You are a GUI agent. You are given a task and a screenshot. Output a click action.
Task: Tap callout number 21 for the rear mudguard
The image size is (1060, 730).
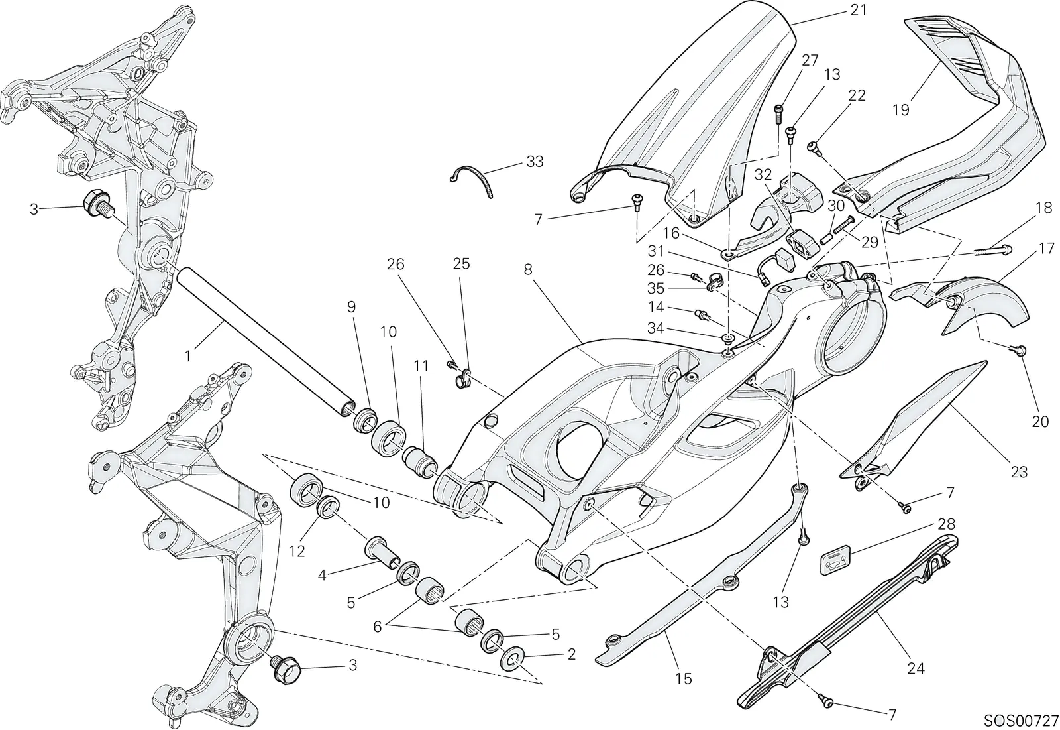coord(859,10)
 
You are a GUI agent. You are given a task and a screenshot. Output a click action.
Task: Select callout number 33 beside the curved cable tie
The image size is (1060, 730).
coord(535,162)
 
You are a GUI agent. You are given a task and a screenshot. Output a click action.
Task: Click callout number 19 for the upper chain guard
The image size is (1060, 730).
coord(901,110)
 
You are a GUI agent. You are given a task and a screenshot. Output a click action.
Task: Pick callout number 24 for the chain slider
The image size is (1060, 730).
coord(916,668)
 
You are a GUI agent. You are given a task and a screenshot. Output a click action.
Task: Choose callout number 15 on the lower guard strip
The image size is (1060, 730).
coord(684,679)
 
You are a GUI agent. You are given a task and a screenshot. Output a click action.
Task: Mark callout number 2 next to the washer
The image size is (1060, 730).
coord(571,654)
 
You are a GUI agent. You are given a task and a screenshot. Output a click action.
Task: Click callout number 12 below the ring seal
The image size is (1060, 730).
coord(297,551)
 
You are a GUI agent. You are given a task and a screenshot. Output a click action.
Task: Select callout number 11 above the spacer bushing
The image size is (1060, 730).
coord(421,366)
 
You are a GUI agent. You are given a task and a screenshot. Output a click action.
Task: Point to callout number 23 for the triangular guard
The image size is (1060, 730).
coord(1019,472)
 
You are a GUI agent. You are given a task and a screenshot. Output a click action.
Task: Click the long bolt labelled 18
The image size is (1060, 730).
coord(992,250)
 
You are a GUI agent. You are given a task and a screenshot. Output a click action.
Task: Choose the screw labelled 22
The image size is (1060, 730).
coord(814,147)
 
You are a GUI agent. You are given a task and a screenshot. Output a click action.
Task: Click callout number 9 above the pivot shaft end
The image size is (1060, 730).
coord(351,307)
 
